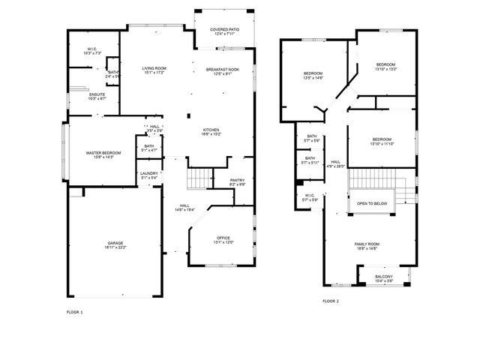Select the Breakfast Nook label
[223, 71]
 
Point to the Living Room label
[154, 70]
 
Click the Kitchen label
[211, 132]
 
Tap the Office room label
[223, 240]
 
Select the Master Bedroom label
[103, 154]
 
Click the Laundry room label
[149, 175]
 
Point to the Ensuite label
[97, 96]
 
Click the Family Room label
[367, 246]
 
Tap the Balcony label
[383, 279]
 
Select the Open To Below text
[372, 203]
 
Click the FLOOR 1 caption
[75, 311]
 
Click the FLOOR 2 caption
[331, 301]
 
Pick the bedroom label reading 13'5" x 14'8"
[313, 76]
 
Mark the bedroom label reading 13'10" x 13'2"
[385, 67]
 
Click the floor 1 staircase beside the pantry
[199, 179]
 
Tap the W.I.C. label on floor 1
[93, 51]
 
